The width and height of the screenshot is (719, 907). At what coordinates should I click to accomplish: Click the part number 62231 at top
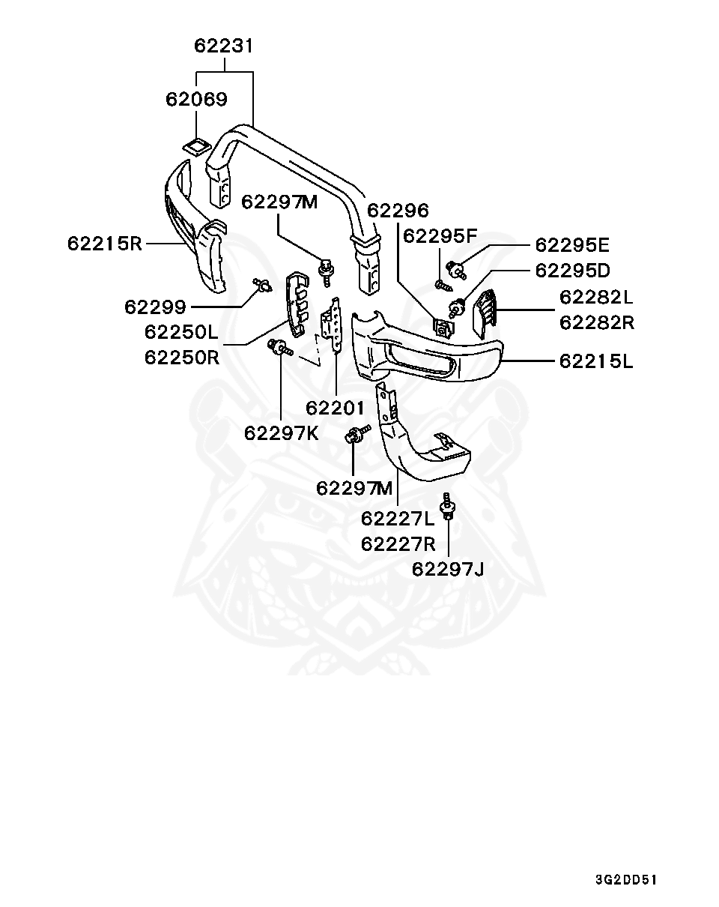(224, 46)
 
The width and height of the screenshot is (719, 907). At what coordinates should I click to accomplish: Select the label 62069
(196, 99)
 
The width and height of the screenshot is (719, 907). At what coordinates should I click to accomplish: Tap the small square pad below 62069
(197, 144)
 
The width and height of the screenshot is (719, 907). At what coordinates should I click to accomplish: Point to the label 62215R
(104, 244)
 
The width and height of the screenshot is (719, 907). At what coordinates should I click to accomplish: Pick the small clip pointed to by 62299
(262, 285)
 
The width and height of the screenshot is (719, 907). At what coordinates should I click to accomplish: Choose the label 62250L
(182, 331)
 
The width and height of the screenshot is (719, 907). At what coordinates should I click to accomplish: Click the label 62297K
(281, 433)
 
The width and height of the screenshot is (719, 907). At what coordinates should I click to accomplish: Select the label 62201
(335, 409)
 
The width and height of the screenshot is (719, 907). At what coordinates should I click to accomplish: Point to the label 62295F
(440, 237)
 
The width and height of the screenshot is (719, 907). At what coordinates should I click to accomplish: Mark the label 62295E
(572, 245)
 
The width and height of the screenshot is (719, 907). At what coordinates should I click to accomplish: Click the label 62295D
(572, 270)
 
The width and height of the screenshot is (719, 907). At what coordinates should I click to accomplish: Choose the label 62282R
(596, 323)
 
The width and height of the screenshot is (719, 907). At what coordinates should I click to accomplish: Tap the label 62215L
(596, 361)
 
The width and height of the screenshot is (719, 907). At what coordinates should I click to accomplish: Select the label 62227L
(398, 519)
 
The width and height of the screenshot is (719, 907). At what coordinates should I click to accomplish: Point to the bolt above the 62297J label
(448, 506)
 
